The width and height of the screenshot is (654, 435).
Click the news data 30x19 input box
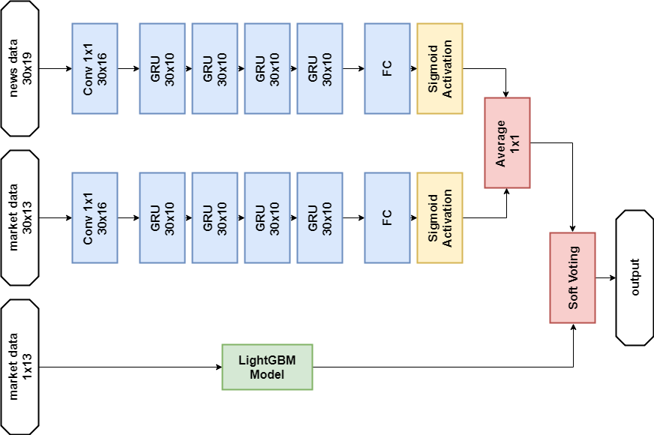point(20,68)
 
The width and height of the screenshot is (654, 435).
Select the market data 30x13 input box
point(20,217)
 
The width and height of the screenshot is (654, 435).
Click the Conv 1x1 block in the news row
point(95,68)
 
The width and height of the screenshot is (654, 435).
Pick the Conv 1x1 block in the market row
point(95,217)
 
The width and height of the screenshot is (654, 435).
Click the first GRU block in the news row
point(163,68)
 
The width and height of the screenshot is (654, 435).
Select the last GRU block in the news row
point(319,68)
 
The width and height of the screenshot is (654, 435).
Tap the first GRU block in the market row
point(163,217)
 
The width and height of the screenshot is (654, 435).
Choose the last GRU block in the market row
point(319,217)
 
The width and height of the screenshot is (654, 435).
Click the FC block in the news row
point(387,68)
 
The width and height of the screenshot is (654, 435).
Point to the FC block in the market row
point(387,217)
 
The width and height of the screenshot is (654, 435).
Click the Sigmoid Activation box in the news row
point(440,68)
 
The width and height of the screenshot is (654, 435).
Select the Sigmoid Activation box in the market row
point(440,217)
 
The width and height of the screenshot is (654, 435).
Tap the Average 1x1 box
point(508,142)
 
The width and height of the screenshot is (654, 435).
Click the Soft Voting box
point(572,277)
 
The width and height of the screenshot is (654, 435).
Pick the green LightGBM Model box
point(267,367)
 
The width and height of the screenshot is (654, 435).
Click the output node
point(634,277)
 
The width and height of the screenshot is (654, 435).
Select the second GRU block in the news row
point(214,68)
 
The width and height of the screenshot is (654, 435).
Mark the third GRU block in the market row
point(267,217)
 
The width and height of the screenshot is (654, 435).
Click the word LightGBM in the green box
point(267,360)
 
